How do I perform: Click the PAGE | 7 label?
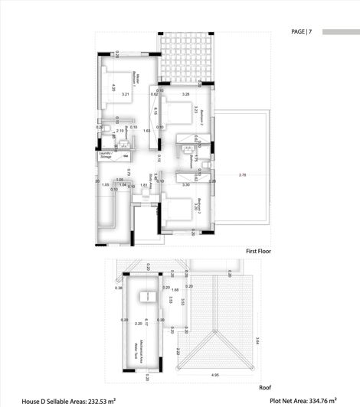pos(302,32)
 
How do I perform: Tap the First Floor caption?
pos(259,251)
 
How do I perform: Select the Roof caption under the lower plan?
pos(265,387)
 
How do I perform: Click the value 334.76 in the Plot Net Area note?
pos(329,400)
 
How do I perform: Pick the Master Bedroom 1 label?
pos(136,77)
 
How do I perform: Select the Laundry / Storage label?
pos(106,155)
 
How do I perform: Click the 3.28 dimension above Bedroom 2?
pos(185,94)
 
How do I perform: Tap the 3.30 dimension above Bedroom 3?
pos(186,184)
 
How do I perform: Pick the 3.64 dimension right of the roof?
pos(258,341)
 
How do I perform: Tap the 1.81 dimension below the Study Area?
pos(143,184)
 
